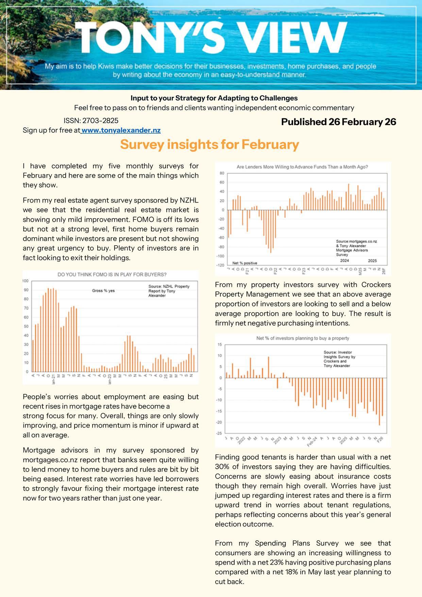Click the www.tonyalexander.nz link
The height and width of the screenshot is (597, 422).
pos(121,130)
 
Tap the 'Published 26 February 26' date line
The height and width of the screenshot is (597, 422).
pos(338,122)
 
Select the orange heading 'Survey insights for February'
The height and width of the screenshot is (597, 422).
pos(209,145)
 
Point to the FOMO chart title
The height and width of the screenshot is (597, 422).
pos(112,275)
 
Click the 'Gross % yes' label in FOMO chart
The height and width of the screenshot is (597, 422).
pos(103,291)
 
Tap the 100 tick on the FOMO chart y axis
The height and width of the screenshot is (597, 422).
pos(26,281)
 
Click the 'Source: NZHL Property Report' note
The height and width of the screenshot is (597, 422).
pos(169,291)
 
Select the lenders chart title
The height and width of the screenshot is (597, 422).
pos(302,167)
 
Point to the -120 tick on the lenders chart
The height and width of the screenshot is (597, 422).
pos(220,265)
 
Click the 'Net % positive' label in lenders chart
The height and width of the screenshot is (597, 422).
pos(244,263)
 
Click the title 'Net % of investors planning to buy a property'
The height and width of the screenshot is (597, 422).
pos(303,338)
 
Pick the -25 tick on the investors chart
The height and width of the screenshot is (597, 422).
pos(220,433)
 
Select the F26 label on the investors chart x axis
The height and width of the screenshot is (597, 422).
pos(380,439)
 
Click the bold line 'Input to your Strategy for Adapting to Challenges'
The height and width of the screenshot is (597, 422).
pos(214,98)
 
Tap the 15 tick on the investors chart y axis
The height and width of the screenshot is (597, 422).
pos(220,345)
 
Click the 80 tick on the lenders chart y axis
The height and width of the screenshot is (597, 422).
pos(222,173)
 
